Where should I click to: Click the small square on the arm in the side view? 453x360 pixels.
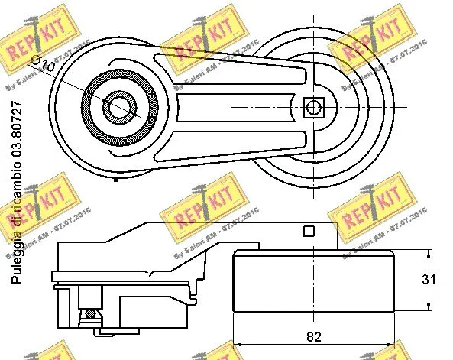coord(309,231)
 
